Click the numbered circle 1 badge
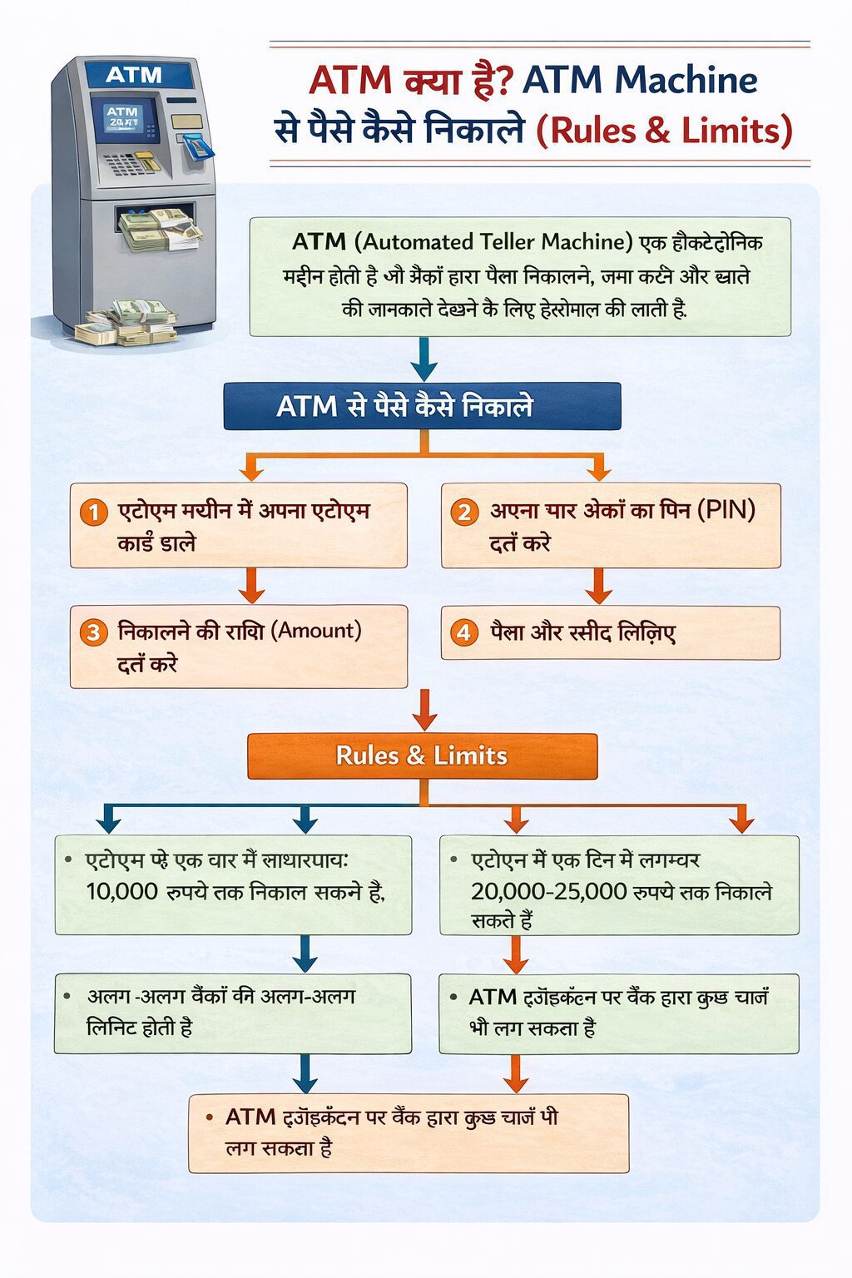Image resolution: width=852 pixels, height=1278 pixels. pyautogui.click(x=93, y=512)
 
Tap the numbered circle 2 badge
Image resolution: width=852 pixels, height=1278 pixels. pyautogui.click(x=464, y=512)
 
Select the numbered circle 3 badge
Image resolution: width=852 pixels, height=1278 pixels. pyautogui.click(x=93, y=632)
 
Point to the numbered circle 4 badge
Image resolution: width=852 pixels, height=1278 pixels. pyautogui.click(x=464, y=632)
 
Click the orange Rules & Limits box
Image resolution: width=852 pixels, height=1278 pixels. pyautogui.click(x=422, y=755)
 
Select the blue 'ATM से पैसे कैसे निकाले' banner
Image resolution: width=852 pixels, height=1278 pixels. pyautogui.click(x=422, y=406)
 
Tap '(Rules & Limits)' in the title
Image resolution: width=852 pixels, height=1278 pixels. pyautogui.click(x=664, y=131)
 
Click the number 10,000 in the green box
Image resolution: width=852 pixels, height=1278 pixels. pyautogui.click(x=121, y=892)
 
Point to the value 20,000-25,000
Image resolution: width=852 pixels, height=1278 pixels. pyautogui.click(x=548, y=892)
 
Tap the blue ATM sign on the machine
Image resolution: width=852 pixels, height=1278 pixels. pyautogui.click(x=133, y=75)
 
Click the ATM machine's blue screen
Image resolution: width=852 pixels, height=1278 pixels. pyautogui.click(x=125, y=120)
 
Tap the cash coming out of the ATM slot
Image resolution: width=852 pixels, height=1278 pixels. pyautogui.click(x=158, y=229)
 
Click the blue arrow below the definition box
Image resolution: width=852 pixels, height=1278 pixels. pyautogui.click(x=424, y=359)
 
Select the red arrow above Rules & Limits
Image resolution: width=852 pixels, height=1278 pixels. pyautogui.click(x=424, y=709)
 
